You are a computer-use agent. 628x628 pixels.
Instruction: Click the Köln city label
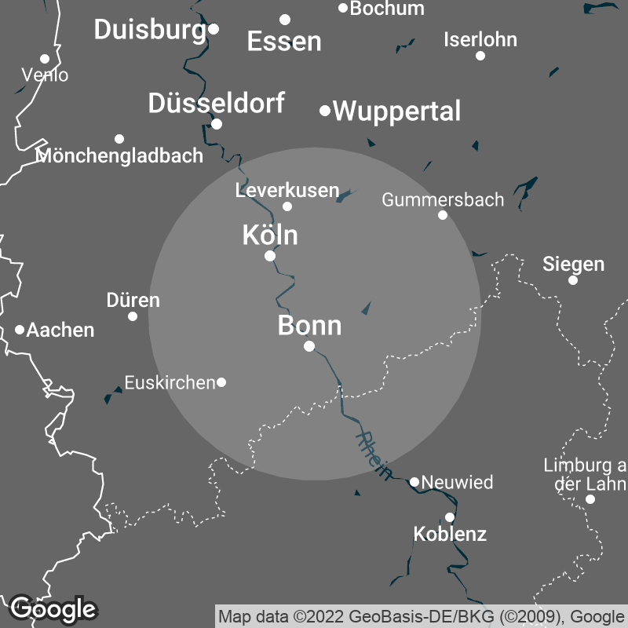point(270,235)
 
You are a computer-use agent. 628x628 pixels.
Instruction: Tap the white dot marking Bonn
point(309,346)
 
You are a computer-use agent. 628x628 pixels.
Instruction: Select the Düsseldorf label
point(216,103)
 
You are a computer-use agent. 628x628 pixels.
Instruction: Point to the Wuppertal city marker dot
point(325,111)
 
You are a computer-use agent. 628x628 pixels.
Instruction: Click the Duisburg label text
point(149,30)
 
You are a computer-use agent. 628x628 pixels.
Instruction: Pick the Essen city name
point(284,42)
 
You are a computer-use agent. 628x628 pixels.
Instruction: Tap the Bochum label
point(387,9)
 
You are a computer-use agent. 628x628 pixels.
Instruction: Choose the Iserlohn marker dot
point(480,55)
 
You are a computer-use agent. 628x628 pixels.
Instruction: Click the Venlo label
point(45,75)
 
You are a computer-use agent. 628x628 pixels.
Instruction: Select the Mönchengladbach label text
point(119,155)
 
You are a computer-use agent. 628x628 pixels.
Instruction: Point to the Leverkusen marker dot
point(287,206)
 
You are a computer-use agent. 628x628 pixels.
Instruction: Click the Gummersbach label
point(443,199)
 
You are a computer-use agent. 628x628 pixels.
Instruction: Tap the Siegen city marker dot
point(573,280)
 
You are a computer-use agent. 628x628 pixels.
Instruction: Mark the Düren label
point(133,300)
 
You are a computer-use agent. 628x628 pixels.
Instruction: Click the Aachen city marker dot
point(20,330)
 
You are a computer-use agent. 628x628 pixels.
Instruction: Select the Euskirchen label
point(170,383)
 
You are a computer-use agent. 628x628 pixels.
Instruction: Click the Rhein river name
point(374,455)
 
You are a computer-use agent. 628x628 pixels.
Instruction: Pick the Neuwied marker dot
point(414,482)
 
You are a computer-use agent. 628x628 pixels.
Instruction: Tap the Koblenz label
point(450,535)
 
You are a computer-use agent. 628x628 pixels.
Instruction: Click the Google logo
point(53,608)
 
